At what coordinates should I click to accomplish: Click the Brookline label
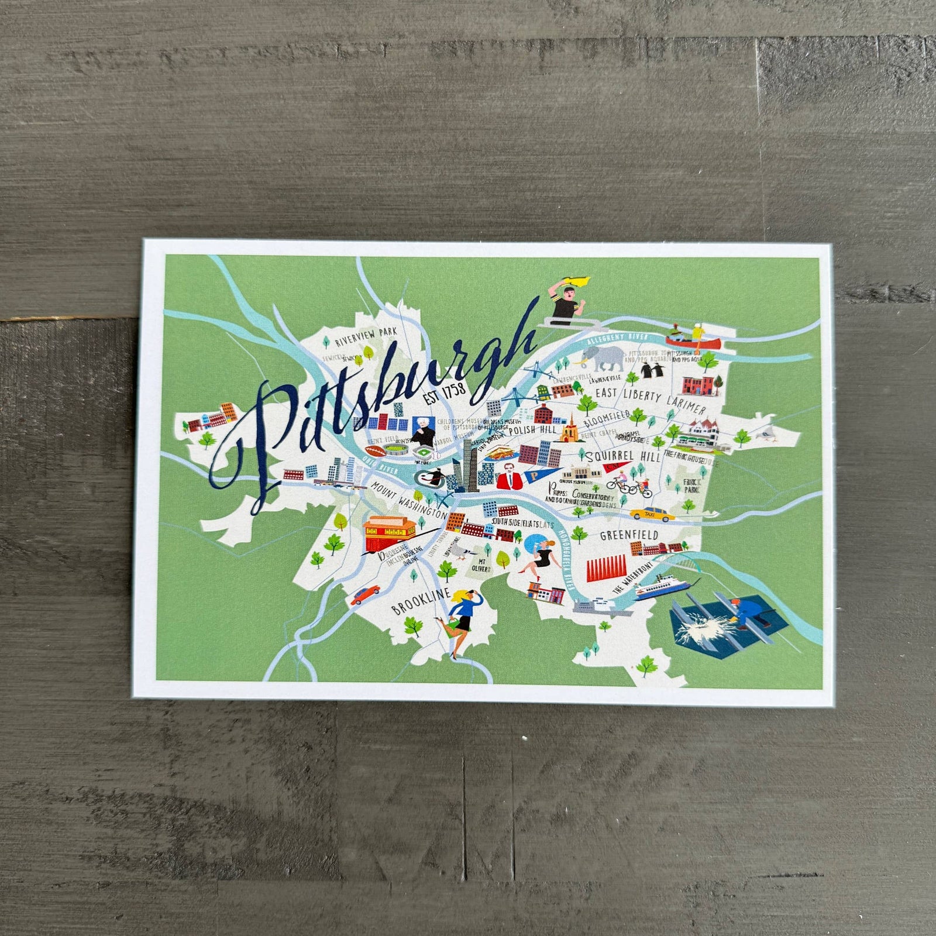click(421, 603)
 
